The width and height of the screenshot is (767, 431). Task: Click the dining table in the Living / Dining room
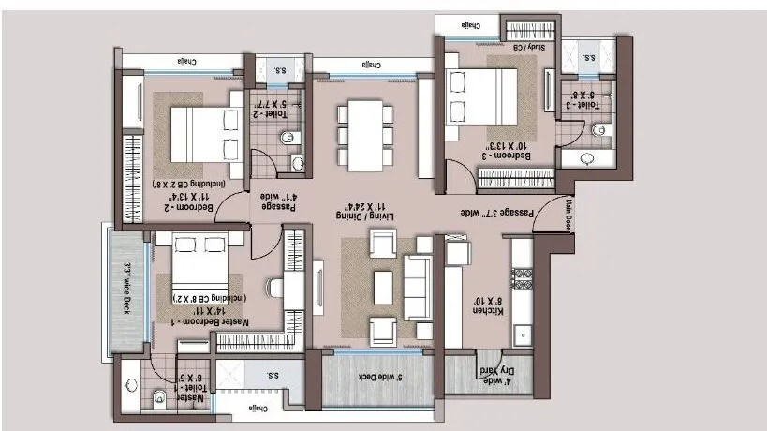364,135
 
